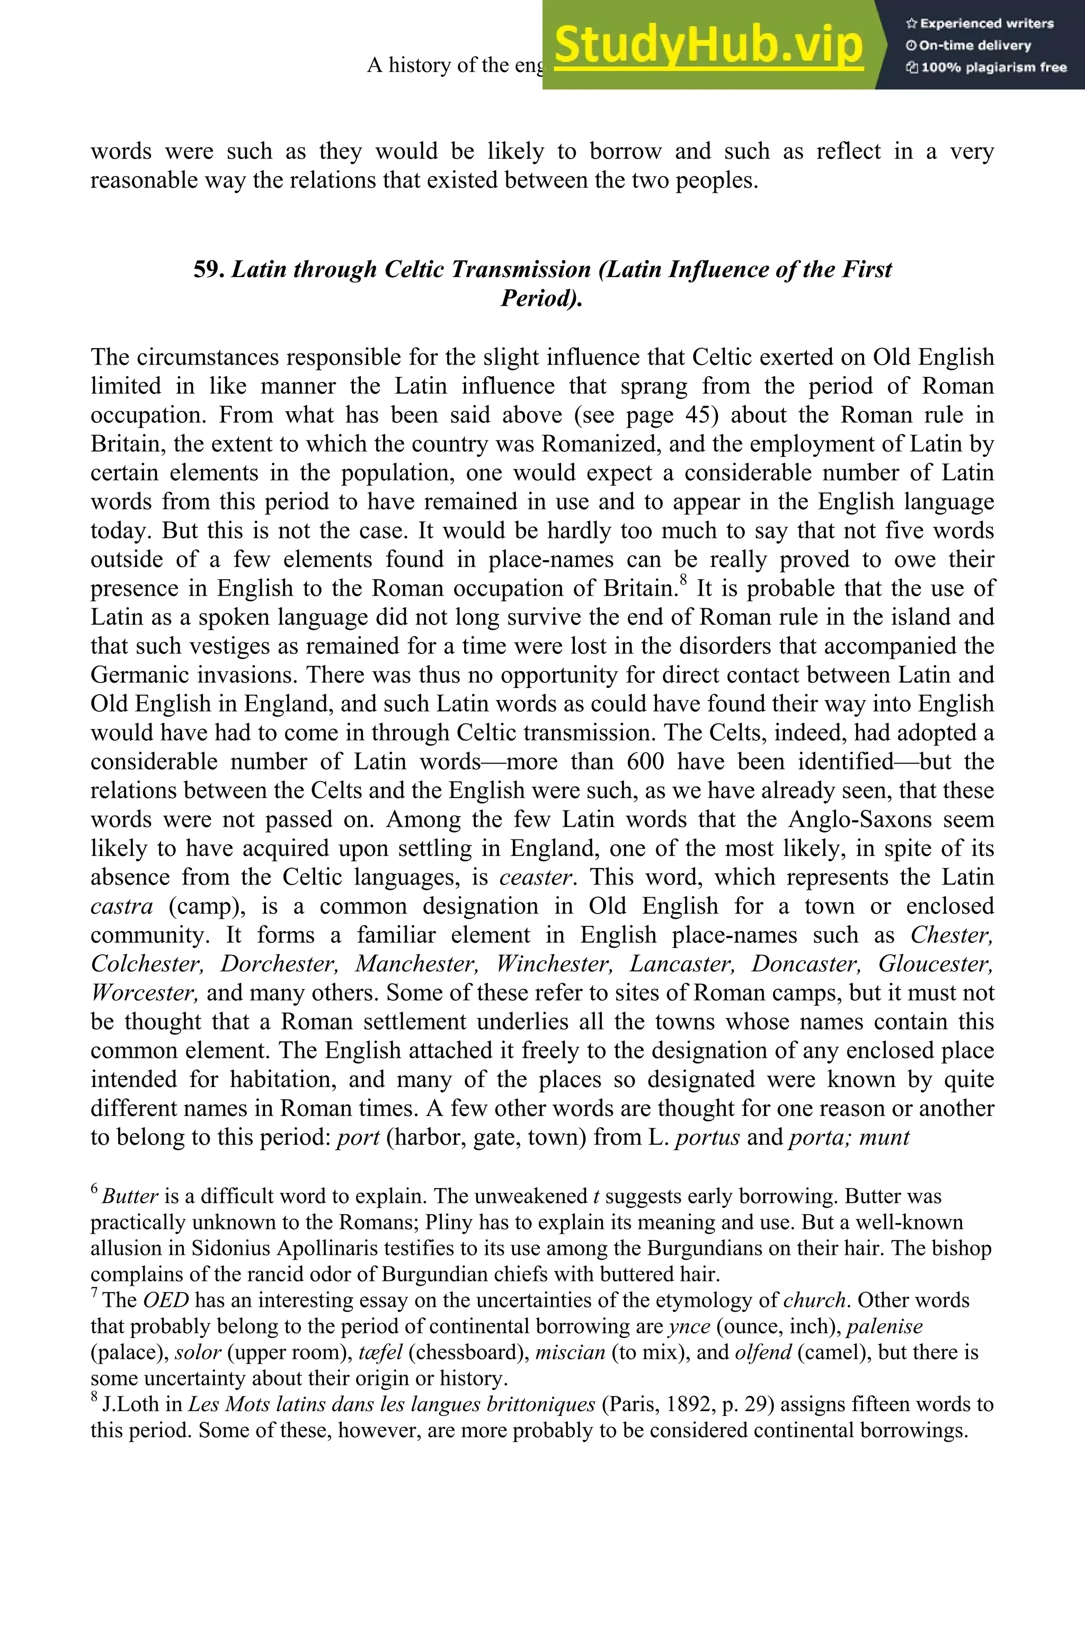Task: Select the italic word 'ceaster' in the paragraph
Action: pos(536,878)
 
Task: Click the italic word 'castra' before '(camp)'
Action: pos(121,907)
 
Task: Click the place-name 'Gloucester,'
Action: pos(936,964)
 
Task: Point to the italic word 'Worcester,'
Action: pos(145,993)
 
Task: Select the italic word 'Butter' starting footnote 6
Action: pos(130,1197)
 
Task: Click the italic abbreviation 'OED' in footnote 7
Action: pos(165,1300)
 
